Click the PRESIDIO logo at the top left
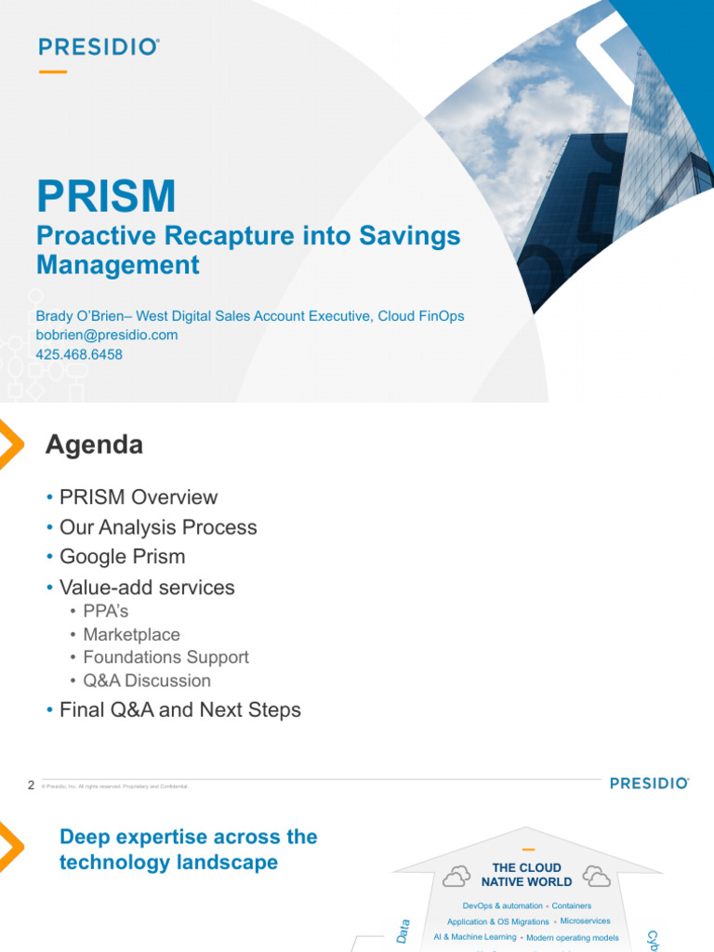coord(99,46)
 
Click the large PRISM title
coord(106,196)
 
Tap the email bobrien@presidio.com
coord(106,335)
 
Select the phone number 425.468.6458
coord(79,354)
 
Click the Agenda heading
coord(94,445)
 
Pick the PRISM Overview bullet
coord(138,497)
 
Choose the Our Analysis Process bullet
coord(157,527)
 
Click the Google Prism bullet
coord(122,557)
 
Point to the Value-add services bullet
coord(146,588)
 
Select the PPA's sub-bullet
coord(106,612)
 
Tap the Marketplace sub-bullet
coord(131,634)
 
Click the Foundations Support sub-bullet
coord(165,657)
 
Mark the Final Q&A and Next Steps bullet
coord(179,710)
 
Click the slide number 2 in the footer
coord(31,786)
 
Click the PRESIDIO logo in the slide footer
coord(649,784)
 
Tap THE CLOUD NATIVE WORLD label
coord(526,875)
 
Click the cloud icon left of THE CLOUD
coord(456,876)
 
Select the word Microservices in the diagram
coord(585,920)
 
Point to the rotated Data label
coord(403,932)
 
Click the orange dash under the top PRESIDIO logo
coord(53,72)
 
